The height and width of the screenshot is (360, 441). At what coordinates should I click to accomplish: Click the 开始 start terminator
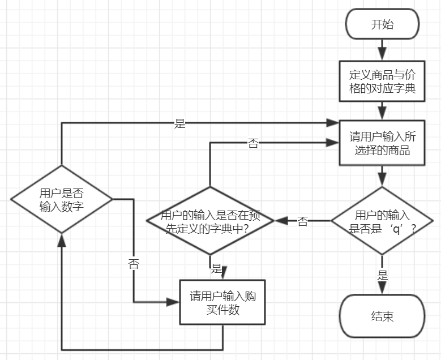coord(382,24)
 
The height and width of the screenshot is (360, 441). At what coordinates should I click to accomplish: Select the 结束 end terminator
coord(382,316)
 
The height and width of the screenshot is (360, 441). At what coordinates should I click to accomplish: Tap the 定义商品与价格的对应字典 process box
coord(382,81)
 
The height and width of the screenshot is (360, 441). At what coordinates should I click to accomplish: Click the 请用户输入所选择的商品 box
coord(382,143)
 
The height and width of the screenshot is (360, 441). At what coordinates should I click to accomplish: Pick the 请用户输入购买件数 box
coord(222,302)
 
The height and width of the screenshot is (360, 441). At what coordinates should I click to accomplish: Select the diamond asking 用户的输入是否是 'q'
coord(382,221)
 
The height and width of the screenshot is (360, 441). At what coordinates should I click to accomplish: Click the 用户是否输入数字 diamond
coord(62,199)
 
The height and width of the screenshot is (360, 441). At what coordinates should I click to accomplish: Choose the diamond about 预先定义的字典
coord(210,221)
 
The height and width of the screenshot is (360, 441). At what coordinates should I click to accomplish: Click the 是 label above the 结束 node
coord(382,275)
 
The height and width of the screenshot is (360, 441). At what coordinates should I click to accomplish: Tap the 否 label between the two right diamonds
coord(303,221)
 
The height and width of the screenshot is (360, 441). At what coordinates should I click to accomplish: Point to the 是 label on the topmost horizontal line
coord(179,123)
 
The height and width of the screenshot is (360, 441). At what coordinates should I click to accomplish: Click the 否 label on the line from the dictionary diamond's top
coord(253,143)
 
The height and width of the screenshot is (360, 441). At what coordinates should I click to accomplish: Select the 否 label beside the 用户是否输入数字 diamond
coord(134,264)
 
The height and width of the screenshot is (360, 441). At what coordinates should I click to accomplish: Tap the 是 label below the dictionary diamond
coord(217,268)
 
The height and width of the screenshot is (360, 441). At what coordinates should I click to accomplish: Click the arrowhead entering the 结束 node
coord(382,288)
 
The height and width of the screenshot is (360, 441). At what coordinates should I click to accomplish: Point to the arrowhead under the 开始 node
coord(382,54)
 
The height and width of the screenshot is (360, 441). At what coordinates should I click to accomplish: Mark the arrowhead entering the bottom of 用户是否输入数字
coord(62,240)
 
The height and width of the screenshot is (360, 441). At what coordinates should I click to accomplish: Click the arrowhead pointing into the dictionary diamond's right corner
coord(281,221)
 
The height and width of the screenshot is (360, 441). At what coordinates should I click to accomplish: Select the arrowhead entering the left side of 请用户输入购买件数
coord(173,302)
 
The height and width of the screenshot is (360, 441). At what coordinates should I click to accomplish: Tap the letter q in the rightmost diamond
coord(396,229)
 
